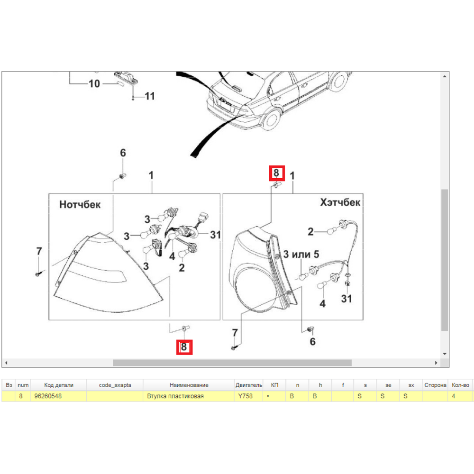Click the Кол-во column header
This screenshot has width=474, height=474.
pyautogui.click(x=460, y=385)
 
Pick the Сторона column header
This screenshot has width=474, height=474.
pyautogui.click(x=435, y=385)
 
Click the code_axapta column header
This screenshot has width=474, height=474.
pyautogui.click(x=115, y=385)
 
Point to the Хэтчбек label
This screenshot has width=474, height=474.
pyautogui.click(x=340, y=202)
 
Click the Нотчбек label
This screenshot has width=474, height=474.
pyautogui.click(x=80, y=204)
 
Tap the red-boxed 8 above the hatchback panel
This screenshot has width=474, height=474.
pyautogui.click(x=277, y=173)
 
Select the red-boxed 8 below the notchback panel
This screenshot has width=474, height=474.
pyautogui.click(x=184, y=347)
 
